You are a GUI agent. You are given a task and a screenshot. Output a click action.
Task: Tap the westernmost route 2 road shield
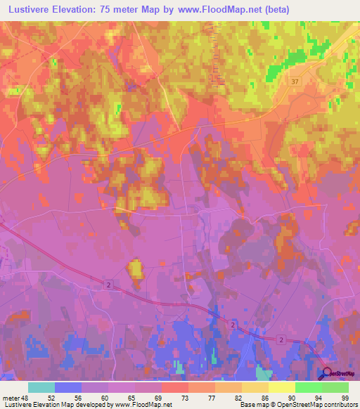(x=109, y=284)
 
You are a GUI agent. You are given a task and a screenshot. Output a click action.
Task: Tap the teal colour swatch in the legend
(x=41, y=387)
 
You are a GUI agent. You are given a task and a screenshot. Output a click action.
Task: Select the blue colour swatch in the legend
(x=68, y=387)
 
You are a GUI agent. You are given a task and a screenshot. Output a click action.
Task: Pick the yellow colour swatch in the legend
(x=282, y=387)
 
